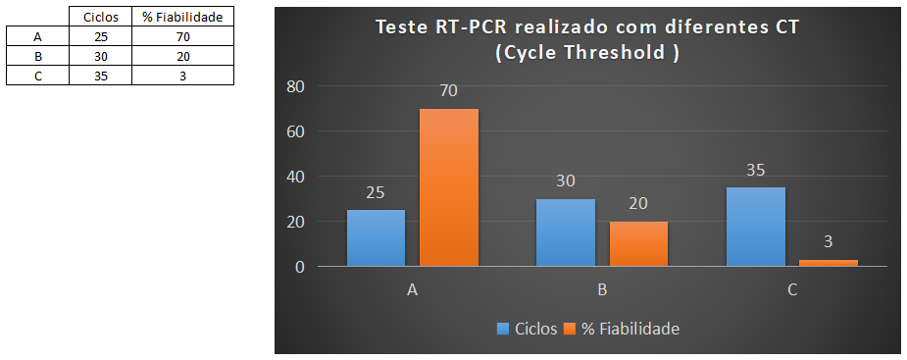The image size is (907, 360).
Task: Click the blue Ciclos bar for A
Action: click(376, 237)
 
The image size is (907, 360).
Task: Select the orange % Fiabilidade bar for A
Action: click(449, 186)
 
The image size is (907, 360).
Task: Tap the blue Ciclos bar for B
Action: click(566, 231)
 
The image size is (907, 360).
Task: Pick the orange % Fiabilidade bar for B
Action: click(638, 243)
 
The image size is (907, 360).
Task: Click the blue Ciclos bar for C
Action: click(756, 226)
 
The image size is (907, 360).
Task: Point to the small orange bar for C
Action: click(829, 262)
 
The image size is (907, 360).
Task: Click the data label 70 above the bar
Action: click(449, 91)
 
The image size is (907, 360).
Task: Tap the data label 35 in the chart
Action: click(756, 171)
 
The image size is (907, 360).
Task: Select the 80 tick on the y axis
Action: click(295, 86)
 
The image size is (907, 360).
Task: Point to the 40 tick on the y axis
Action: click(295, 177)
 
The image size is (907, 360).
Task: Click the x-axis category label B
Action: click(602, 290)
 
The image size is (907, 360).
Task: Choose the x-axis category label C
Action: click(792, 290)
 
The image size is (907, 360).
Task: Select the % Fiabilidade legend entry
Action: click(631, 329)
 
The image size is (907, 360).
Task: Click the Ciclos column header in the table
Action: click(100, 17)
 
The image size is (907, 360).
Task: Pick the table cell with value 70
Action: click(182, 37)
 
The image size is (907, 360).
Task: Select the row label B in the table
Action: click(37, 57)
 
